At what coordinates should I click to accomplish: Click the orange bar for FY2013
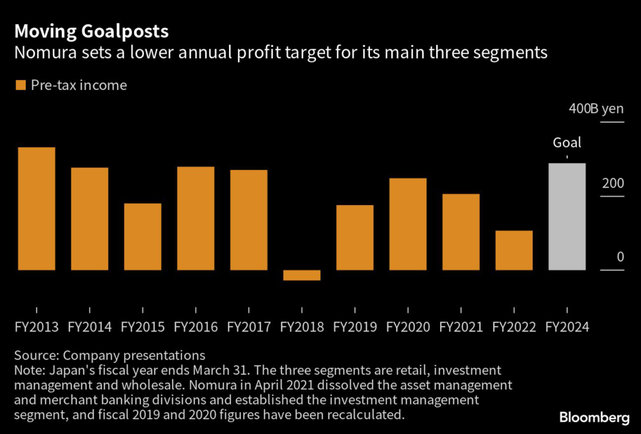tap(36, 209)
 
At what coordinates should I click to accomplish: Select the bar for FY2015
tap(143, 236)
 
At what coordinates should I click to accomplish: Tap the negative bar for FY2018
tap(302, 275)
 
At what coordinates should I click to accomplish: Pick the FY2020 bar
tap(408, 224)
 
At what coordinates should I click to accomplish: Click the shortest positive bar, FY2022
tap(514, 250)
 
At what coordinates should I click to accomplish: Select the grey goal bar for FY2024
tap(567, 216)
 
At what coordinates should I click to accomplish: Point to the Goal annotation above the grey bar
tap(567, 143)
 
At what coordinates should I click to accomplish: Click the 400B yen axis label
tap(596, 109)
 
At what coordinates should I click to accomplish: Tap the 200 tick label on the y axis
tap(613, 184)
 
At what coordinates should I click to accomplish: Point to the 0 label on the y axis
tap(620, 257)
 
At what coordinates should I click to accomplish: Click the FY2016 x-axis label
tap(195, 327)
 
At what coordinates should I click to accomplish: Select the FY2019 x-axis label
tap(355, 327)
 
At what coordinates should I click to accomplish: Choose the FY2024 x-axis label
tap(567, 327)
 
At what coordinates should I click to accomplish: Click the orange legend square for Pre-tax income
tap(21, 85)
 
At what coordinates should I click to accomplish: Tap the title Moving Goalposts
tap(91, 31)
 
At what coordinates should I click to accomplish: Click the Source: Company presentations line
tap(110, 356)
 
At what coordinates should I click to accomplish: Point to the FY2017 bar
tap(249, 220)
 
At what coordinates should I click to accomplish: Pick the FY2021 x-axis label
tap(461, 327)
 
